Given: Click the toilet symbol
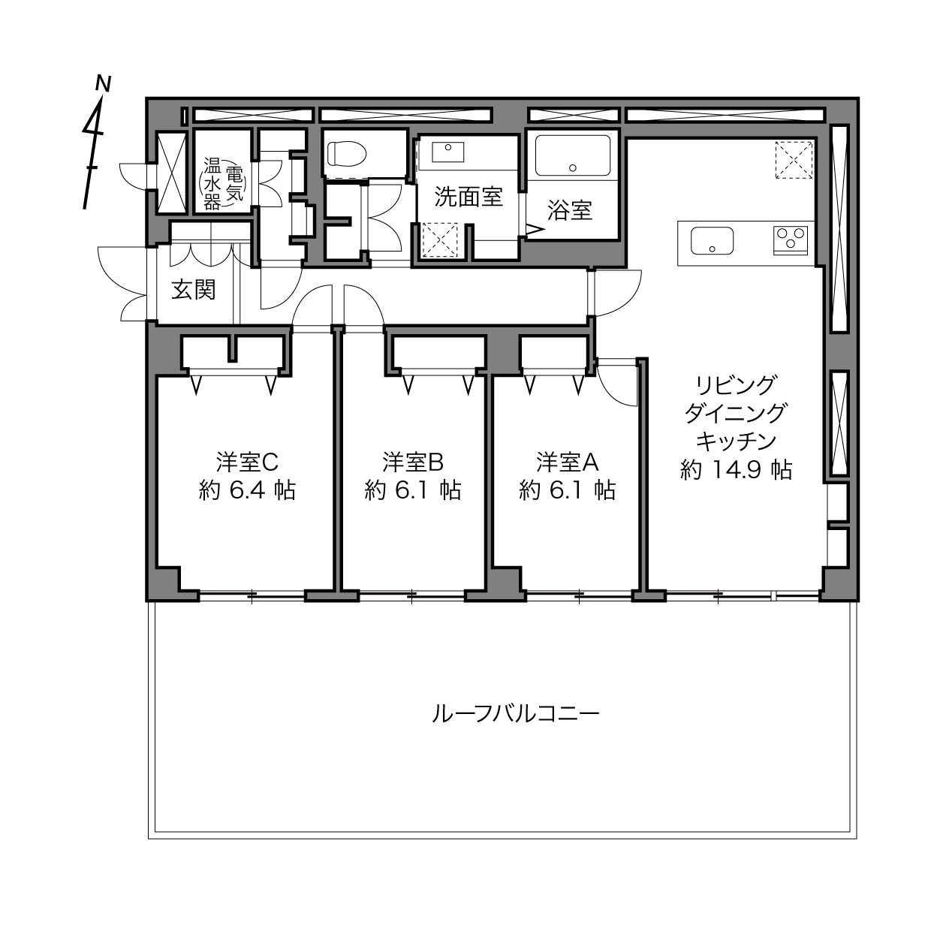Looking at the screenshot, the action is [347, 153].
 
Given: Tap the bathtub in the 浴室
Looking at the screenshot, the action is [573, 156].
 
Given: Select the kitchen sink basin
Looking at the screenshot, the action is [712, 240].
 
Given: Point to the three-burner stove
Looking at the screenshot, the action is [791, 240].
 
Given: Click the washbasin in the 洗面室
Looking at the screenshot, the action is [447, 152].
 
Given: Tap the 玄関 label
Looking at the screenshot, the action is [193, 291].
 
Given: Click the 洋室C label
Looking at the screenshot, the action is [247, 462].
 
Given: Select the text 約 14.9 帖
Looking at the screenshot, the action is [736, 469].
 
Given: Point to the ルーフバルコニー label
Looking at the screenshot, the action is [516, 715].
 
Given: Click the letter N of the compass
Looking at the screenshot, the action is [103, 83].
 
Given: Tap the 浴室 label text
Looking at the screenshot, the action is [570, 210].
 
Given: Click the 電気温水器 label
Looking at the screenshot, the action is [224, 184].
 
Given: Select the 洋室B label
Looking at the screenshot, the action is [413, 462].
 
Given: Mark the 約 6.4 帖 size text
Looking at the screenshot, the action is [247, 490].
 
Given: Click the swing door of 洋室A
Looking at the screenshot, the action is [618, 383].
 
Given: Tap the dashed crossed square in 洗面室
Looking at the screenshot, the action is [440, 240].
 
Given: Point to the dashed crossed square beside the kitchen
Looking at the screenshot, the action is [794, 159].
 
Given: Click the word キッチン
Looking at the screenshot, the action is [736, 441].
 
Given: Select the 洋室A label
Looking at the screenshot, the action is [568, 462].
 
